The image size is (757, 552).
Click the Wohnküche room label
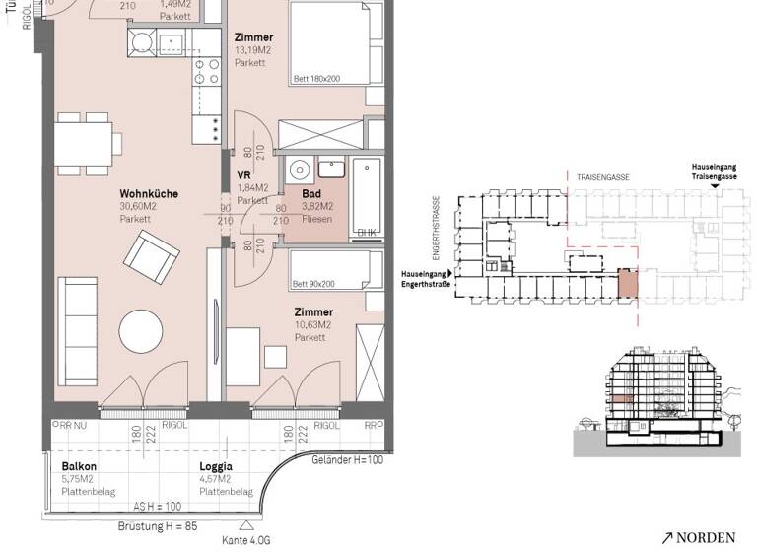(x=149, y=194)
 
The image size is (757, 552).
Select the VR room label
(x=245, y=175)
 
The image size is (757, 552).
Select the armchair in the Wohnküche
(x=151, y=258)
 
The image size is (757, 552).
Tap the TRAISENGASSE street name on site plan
(x=605, y=177)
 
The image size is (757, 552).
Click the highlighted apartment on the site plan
(x=627, y=284)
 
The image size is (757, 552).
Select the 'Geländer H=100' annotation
(x=348, y=461)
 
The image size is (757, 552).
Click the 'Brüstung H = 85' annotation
(x=157, y=526)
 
